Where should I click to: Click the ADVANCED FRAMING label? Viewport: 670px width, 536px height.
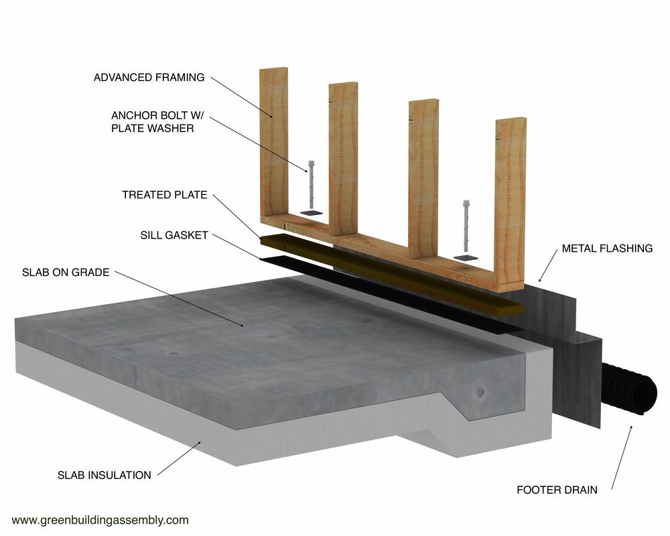click(149, 77)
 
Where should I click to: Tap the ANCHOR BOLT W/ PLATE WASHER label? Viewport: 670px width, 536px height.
click(153, 121)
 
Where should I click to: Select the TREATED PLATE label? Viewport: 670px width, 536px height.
click(165, 195)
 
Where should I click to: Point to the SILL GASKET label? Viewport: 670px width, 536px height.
click(174, 235)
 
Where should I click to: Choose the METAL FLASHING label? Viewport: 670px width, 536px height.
click(607, 249)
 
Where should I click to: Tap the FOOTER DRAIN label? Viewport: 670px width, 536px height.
click(557, 490)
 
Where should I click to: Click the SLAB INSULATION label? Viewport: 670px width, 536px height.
click(105, 475)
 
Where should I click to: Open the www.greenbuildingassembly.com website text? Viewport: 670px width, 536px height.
click(100, 519)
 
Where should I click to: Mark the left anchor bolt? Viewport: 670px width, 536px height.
click(310, 184)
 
